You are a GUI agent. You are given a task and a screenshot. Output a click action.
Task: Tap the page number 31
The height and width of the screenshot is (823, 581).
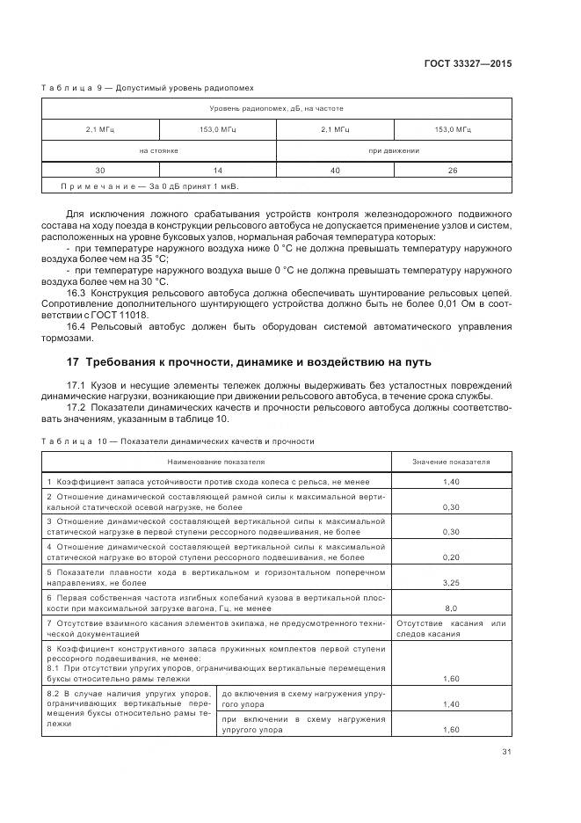(506, 751)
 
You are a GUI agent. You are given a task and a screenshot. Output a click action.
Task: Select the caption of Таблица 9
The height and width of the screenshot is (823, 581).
(148, 88)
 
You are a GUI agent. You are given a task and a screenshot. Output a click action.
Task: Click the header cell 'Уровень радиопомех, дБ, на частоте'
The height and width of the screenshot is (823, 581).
(276, 108)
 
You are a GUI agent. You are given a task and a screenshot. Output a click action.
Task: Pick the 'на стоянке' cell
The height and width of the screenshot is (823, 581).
(159, 150)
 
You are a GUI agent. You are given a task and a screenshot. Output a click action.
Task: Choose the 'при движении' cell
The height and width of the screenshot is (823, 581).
(394, 150)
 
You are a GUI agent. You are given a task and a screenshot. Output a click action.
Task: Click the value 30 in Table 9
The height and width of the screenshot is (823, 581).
(99, 170)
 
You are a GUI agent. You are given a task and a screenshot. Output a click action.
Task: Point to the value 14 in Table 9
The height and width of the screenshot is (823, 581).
(218, 170)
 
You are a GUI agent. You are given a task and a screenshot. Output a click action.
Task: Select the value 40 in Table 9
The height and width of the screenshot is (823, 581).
(335, 170)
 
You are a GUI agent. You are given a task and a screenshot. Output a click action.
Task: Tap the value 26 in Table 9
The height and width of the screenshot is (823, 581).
(453, 170)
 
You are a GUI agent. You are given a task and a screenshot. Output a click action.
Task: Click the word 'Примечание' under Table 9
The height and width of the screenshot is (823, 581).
(93, 186)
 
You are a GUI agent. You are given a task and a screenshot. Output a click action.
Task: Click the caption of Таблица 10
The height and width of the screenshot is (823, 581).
(178, 441)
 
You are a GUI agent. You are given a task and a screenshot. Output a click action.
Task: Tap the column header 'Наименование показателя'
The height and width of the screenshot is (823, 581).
(216, 461)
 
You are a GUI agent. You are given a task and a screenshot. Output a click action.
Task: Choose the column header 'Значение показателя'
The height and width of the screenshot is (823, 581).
(452, 461)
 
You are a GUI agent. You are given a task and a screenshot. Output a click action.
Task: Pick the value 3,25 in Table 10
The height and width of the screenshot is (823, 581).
(452, 582)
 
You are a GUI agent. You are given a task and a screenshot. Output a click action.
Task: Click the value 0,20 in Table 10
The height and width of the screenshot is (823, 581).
(452, 557)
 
